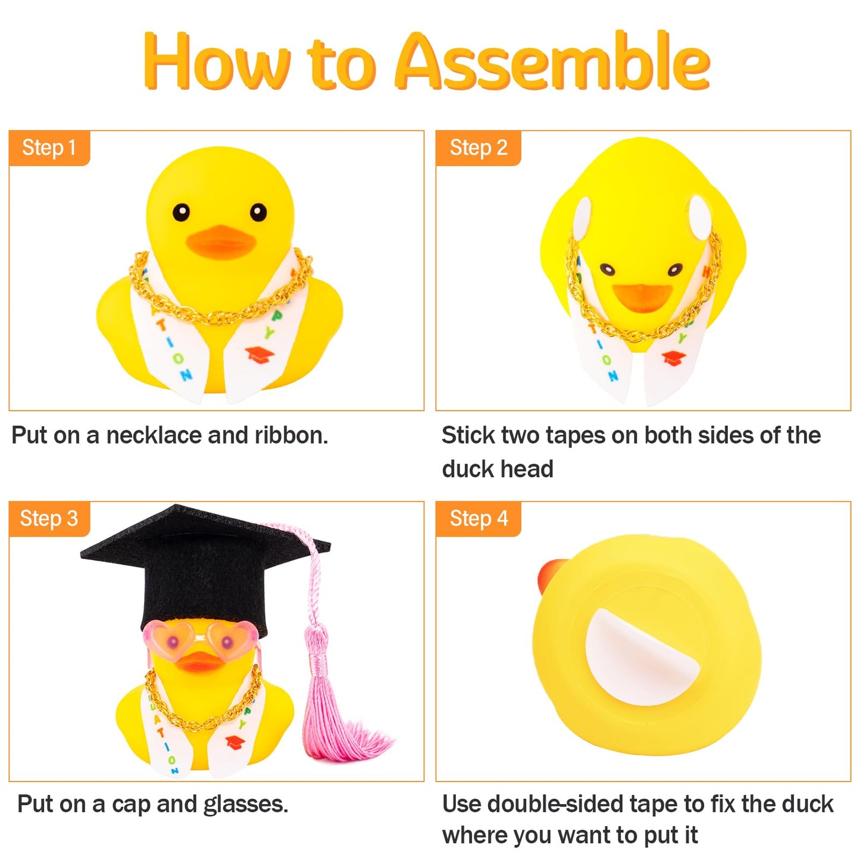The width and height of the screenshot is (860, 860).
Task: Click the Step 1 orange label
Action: point(49,148)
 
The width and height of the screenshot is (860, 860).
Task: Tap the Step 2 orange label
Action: point(478,148)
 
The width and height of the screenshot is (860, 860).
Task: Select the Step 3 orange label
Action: point(49,518)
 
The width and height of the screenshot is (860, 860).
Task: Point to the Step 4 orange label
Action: point(478,518)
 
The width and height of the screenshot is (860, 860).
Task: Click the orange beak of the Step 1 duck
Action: point(220,242)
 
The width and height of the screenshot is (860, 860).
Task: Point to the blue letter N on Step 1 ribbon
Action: point(186,375)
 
